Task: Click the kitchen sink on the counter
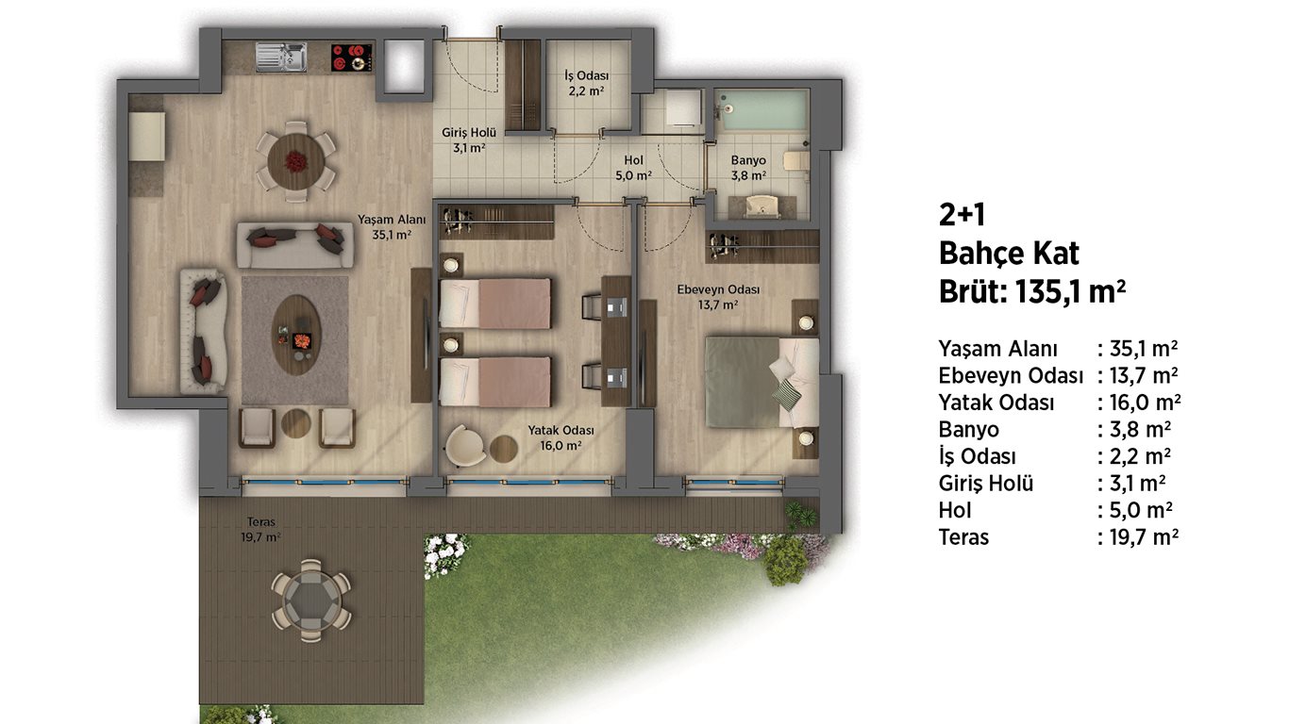[x=281, y=57]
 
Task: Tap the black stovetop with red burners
[x=352, y=58]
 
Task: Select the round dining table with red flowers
[x=295, y=161]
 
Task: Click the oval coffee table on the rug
[x=295, y=336]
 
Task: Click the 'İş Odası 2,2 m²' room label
[x=586, y=83]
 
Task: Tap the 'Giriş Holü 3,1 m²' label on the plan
[x=468, y=140]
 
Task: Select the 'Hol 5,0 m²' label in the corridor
[x=633, y=168]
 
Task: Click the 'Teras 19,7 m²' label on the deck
[x=260, y=530]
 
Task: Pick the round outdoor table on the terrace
[x=310, y=601]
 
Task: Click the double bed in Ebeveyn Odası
[x=762, y=383]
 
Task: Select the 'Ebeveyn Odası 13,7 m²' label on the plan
[x=718, y=297]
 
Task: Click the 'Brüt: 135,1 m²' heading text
[x=1031, y=291]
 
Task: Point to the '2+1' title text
[x=962, y=215]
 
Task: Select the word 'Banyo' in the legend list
[x=968, y=430]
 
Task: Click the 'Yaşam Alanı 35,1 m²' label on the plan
[x=392, y=226]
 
